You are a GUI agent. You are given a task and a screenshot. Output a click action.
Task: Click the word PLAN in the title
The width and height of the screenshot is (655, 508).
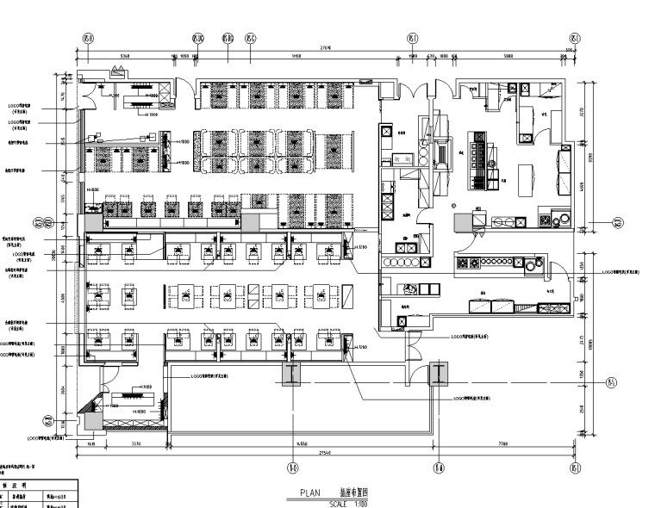point(310,493)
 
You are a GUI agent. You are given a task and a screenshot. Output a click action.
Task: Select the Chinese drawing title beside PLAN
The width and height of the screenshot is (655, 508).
point(353,493)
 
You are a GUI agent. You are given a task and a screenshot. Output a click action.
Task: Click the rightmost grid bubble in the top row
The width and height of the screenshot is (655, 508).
point(575,38)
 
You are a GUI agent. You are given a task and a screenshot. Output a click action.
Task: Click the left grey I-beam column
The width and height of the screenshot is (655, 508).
point(291,373)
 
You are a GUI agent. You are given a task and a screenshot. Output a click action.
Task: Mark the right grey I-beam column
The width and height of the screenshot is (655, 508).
point(440,373)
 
